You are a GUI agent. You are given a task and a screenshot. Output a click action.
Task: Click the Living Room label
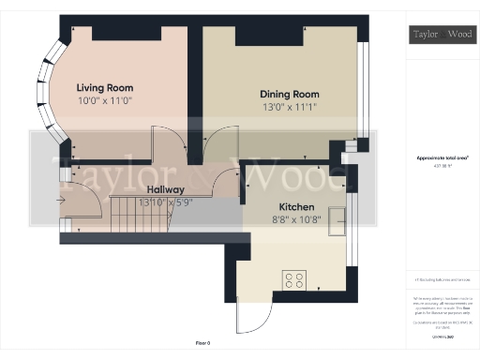coord(105,87)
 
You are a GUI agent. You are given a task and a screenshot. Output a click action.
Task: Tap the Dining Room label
coord(290,94)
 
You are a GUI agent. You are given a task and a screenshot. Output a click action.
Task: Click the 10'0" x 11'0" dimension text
coord(105,99)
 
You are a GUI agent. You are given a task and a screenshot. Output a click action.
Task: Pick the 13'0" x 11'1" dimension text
coord(289,107)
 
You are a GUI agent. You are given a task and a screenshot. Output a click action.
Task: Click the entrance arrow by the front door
coord(61,200)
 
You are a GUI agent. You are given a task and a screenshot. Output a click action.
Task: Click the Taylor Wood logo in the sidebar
coord(442,36)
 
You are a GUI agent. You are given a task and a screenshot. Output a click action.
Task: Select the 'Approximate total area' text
coord(442,161)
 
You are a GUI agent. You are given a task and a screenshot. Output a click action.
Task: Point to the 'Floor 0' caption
coord(202,344)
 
